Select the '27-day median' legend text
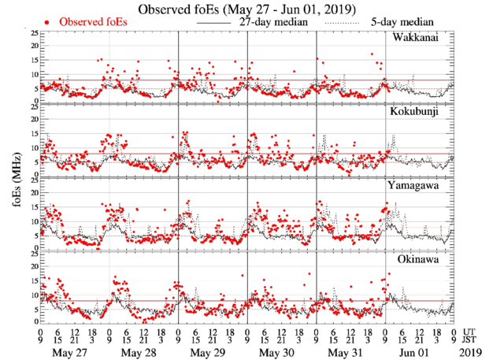point(272,23)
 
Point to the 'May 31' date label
point(347,351)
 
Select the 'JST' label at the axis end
point(469,340)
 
